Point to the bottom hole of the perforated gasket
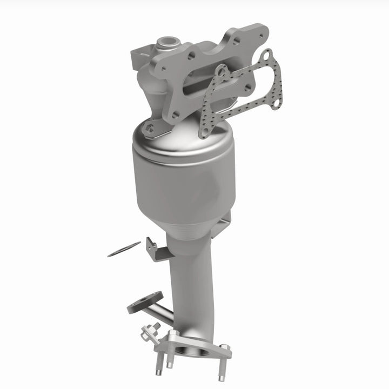pyautogui.click(x=204, y=130)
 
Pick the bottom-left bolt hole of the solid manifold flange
pyautogui.click(x=174, y=115)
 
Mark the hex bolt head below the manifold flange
pyautogui.click(x=150, y=128)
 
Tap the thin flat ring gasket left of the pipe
pyautogui.click(x=124, y=249)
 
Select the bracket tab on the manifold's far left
pyautogui.click(x=139, y=57)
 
